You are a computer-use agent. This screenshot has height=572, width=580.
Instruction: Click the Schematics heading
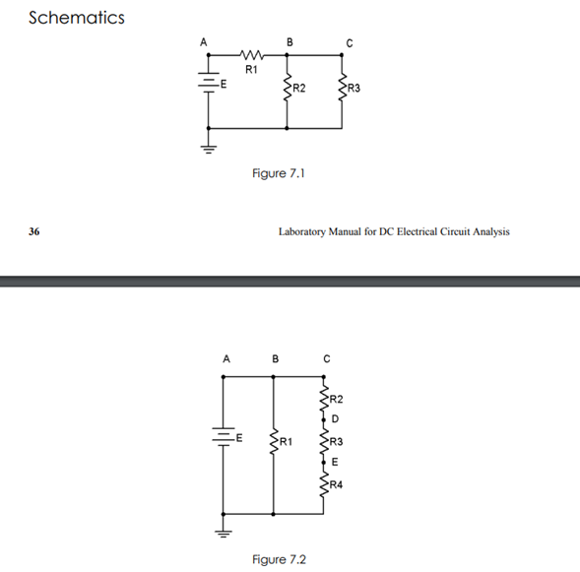(x=77, y=18)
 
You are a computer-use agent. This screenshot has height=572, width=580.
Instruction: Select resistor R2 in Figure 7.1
(x=288, y=89)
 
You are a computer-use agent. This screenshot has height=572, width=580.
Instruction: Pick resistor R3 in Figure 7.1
(x=343, y=89)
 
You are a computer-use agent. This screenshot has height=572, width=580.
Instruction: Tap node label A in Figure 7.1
(x=204, y=41)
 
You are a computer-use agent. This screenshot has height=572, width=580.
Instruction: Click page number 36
(x=34, y=232)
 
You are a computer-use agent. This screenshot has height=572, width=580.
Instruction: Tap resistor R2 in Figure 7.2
(x=322, y=399)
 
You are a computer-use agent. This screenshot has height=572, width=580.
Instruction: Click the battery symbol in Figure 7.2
(x=225, y=434)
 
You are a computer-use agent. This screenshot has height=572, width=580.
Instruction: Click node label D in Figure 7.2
(x=334, y=419)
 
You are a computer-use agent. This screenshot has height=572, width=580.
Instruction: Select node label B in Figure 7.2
(x=274, y=358)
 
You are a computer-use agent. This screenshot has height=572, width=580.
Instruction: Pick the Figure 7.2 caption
(x=279, y=559)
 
